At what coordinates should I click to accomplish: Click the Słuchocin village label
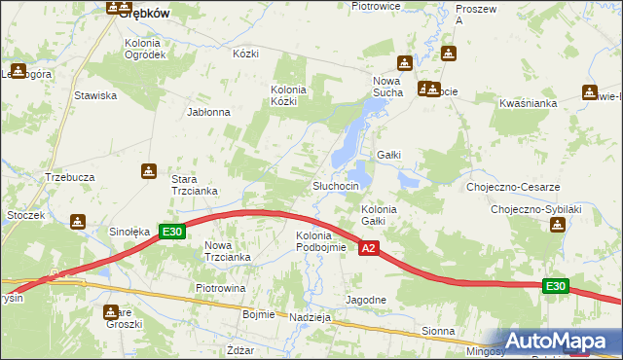pyautogui.click(x=336, y=186)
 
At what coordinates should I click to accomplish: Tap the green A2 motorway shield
pyautogui.click(x=368, y=250)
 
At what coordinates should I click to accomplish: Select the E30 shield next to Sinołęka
pyautogui.click(x=172, y=232)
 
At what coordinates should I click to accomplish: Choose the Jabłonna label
pyautogui.click(x=208, y=112)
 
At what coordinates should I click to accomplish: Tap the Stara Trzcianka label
pyautogui.click(x=194, y=185)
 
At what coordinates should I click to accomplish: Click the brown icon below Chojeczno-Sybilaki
pyautogui.click(x=557, y=225)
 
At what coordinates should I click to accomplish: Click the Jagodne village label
pyautogui.click(x=367, y=300)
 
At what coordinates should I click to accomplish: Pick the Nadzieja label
pyautogui.click(x=311, y=317)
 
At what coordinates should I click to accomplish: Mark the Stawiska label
pyautogui.click(x=95, y=95)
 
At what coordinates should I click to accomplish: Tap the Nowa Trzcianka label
pyautogui.click(x=228, y=250)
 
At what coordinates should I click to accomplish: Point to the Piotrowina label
pyautogui.click(x=220, y=289)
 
